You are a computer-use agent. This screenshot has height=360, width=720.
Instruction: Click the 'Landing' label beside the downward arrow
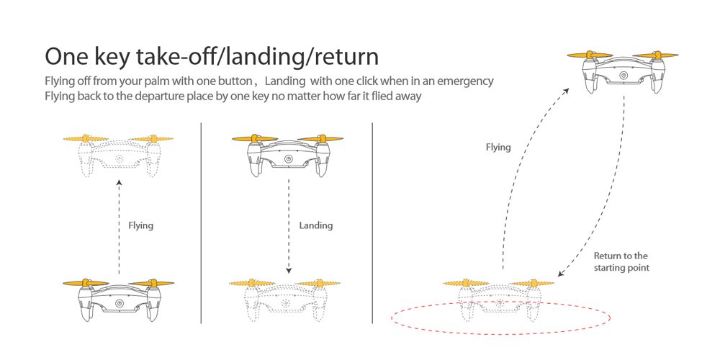click(x=315, y=225)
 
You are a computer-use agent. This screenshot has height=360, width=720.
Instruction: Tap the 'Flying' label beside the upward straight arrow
click(x=140, y=225)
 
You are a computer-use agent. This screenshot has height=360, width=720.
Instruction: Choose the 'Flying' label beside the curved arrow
click(x=498, y=147)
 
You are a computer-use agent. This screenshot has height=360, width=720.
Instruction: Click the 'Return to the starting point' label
click(x=621, y=261)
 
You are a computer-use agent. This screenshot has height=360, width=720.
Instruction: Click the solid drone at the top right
click(x=624, y=72)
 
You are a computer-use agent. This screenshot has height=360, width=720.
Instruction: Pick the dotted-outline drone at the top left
click(x=119, y=154)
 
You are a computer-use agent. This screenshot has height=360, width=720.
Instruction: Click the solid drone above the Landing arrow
click(x=288, y=154)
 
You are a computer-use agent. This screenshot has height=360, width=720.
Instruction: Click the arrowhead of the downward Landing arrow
click(x=288, y=271)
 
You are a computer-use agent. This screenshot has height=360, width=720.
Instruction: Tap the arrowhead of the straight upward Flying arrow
click(x=119, y=184)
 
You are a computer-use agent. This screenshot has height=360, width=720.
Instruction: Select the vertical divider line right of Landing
click(x=372, y=223)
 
